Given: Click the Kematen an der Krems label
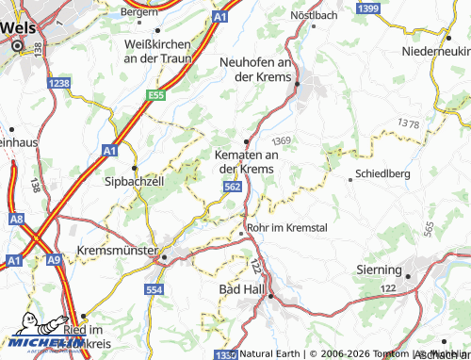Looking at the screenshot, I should click(x=246, y=161).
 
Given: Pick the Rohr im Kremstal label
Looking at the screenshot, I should click(x=286, y=228).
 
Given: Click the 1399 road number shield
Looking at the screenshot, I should click(x=368, y=8).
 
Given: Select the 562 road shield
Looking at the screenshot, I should click(x=233, y=188).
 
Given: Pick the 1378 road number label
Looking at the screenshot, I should click(x=408, y=123).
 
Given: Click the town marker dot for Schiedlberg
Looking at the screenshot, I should click(x=351, y=176).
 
